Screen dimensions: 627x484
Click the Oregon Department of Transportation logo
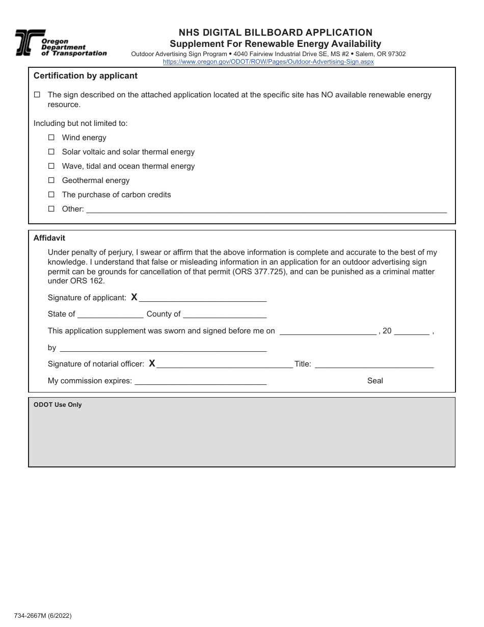click(60, 43)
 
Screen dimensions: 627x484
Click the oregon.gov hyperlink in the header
click(268, 62)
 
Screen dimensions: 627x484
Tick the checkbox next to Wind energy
click(51, 138)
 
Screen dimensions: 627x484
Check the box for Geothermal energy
click(51, 180)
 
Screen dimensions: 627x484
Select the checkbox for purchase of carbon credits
click(51, 195)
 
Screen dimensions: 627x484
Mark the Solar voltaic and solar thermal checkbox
click(51, 152)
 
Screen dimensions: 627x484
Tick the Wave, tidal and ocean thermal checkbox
click(51, 166)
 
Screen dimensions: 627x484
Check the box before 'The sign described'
click(37, 95)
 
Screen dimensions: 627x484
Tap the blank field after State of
click(111, 314)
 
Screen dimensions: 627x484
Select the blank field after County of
click(225, 314)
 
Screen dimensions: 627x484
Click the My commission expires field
click(200, 381)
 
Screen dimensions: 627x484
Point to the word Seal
click(375, 381)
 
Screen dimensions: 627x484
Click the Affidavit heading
click(49, 238)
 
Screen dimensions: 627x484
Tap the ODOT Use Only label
click(58, 405)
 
